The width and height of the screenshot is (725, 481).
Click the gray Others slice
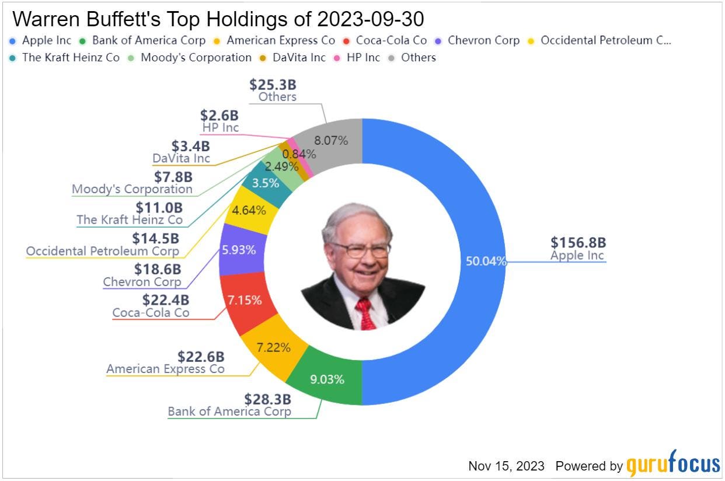click(x=333, y=140)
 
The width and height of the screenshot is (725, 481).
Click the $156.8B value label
click(x=577, y=243)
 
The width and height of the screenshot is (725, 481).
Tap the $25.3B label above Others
click(x=273, y=85)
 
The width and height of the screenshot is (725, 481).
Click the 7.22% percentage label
click(x=274, y=348)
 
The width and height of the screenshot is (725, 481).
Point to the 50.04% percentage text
click(x=485, y=261)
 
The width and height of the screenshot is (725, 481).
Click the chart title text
click(x=218, y=20)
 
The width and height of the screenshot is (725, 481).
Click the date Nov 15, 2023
click(x=506, y=466)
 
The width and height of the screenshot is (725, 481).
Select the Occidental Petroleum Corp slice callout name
click(x=102, y=252)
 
